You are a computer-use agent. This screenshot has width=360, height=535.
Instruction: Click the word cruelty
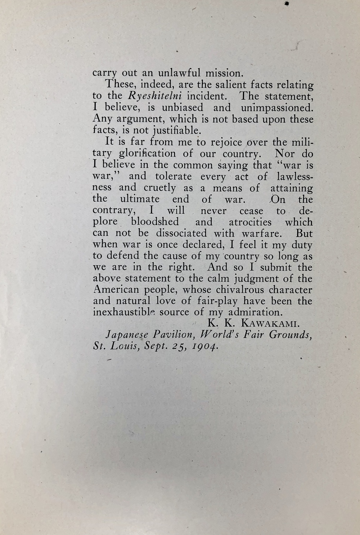160,188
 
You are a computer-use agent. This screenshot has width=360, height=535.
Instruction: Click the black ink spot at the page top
287,3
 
